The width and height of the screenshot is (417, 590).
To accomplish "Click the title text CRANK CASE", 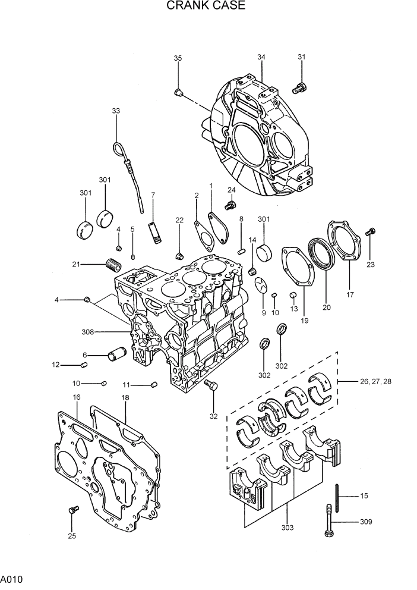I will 206,7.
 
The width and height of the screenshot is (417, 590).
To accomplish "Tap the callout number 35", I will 178,58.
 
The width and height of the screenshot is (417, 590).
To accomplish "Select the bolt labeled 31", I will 299,89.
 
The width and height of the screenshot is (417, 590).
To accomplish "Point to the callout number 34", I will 261,57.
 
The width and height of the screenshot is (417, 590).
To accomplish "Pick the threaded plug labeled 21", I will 113,262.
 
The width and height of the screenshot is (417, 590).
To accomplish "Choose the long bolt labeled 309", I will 328,521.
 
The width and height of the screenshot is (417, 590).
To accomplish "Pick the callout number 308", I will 89,331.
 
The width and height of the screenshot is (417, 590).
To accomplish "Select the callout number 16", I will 77,397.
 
